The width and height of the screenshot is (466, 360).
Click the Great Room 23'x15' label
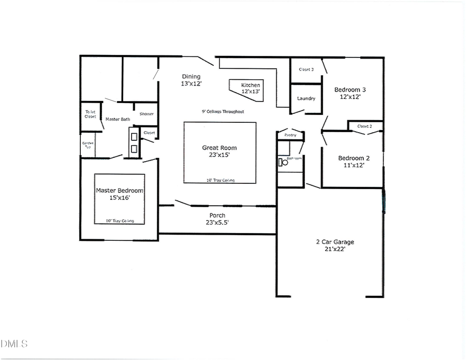pos(220,151)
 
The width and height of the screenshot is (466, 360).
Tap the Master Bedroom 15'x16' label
pos(120,194)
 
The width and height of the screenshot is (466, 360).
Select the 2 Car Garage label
pos(335,245)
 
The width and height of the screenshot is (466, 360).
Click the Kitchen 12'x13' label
pos(251,88)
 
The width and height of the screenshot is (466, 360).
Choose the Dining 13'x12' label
pos(191,80)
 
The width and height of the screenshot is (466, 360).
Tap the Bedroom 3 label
pos(351,92)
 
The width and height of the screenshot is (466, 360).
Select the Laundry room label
pos(306,98)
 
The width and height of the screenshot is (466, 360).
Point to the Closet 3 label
pos(306,69)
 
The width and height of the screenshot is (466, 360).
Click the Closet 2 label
pos(364,126)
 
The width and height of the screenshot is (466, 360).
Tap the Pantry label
pos(290,136)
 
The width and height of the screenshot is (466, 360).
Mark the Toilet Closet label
pos(91,114)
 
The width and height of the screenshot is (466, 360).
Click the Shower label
pos(147,114)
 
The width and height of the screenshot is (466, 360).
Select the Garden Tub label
pos(86,145)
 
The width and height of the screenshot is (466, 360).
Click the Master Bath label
pos(118,119)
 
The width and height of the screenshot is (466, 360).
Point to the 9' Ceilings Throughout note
pos(223,111)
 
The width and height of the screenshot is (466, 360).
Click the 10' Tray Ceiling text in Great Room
pos(220,180)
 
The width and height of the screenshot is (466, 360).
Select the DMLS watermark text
pos(14,343)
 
